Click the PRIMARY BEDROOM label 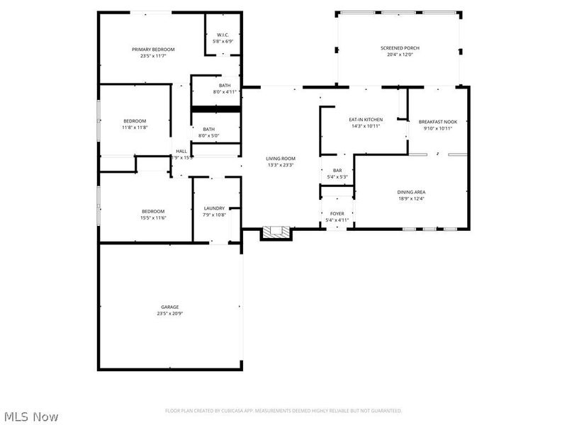153,50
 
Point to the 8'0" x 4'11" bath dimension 224,92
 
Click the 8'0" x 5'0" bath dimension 209,136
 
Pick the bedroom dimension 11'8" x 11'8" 135,127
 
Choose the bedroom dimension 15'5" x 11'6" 153,218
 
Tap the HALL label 181,151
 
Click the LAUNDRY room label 214,208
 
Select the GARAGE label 169,307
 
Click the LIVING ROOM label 281,159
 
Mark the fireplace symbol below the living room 276,232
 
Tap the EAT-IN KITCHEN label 366,120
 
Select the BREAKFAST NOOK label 437,122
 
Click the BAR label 337,171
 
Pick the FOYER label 337,213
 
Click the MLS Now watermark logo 30,416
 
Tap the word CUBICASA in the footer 240,411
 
